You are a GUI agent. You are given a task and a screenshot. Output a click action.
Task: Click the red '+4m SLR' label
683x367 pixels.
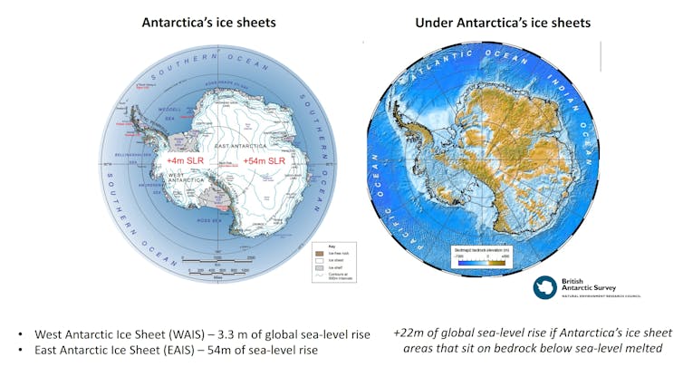186,159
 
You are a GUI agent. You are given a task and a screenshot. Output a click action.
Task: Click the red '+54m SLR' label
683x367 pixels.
265,159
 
